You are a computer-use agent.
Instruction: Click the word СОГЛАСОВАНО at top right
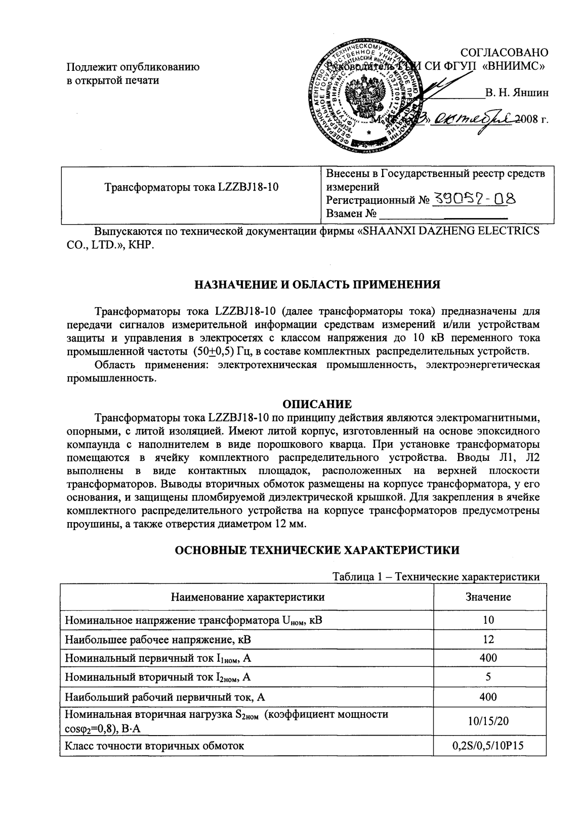(504, 53)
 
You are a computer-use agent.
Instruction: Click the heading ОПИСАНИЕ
(317, 404)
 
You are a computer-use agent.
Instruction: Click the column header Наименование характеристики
(247, 597)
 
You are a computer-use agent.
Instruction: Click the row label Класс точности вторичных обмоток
(155, 745)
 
